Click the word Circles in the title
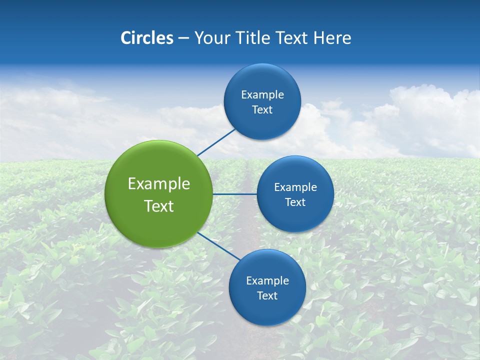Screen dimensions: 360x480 [147, 38]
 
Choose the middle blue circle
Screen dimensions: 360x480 [295, 217]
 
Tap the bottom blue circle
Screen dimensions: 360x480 [267, 310]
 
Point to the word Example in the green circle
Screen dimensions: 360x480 [159, 184]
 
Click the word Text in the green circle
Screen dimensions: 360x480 [159, 206]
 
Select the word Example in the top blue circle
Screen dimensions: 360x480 [262, 95]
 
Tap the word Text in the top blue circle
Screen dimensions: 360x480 [262, 110]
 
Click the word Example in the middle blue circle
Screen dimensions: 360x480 [295, 187]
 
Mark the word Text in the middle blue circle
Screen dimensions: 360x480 [295, 202]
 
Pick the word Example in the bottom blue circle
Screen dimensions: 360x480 [267, 281]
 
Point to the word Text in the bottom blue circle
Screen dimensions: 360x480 [267, 296]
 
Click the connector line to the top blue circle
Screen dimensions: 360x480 [216, 142]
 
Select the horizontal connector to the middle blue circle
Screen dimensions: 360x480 [234, 194]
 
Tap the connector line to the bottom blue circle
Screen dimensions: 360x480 [219, 246]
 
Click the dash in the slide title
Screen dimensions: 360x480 [183, 38]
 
